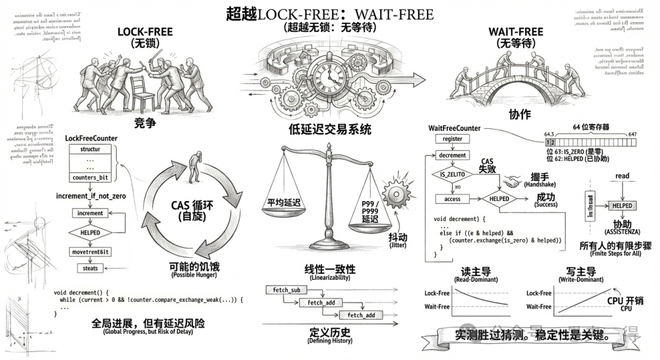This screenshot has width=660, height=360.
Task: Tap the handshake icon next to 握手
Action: pyautogui.click(x=512, y=182)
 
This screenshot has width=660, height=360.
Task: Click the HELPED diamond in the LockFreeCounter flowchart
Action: pyautogui.click(x=90, y=232)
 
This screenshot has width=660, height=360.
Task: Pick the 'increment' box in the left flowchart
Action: pyautogui.click(x=90, y=213)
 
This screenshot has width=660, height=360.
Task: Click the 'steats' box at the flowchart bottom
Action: pyautogui.click(x=90, y=268)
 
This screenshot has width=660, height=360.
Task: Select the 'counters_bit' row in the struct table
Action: pyautogui.click(x=90, y=178)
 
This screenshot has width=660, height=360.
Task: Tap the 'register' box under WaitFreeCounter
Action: pyautogui.click(x=452, y=139)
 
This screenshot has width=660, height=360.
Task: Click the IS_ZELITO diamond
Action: pyautogui.click(x=452, y=175)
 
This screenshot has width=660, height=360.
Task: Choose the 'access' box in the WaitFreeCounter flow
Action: pyautogui.click(x=452, y=199)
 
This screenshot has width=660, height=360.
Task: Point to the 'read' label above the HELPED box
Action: pyautogui.click(x=622, y=176)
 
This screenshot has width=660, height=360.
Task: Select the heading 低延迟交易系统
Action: pyautogui.click(x=330, y=130)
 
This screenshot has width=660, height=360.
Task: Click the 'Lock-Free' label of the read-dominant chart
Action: pyautogui.click(x=437, y=293)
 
